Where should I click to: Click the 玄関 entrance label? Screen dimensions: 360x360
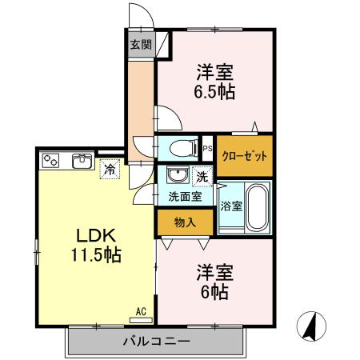tap(141, 45)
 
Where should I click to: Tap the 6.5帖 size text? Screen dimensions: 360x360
tap(214, 91)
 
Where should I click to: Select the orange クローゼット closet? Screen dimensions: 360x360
tap(245, 156)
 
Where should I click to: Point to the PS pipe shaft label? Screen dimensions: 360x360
tap(207, 148)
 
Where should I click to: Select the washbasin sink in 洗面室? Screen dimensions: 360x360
tap(176, 175)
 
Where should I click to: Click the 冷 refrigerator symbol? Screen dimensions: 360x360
tap(109, 169)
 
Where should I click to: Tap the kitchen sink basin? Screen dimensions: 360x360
tap(82, 162)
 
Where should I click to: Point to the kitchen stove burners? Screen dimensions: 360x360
tap(52, 160)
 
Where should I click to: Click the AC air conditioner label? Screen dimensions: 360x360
tap(140, 311)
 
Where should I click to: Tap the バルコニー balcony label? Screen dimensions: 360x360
tap(156, 342)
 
